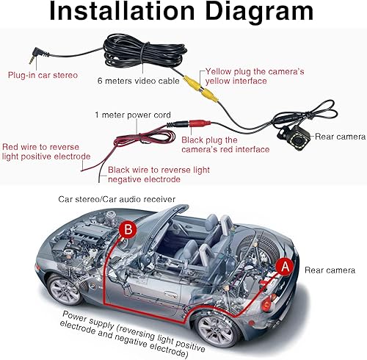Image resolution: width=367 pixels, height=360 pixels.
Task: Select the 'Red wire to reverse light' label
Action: tap(46, 151)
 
